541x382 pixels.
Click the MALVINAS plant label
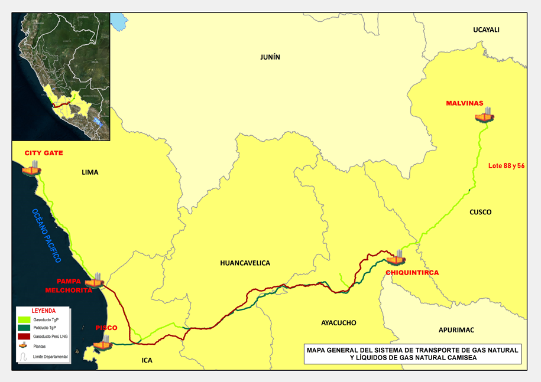coord(464,103)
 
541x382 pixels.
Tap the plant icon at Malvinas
coord(484,115)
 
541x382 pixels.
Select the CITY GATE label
coord(43,153)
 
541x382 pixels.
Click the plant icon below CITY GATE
coord(32,168)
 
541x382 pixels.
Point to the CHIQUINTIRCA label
coord(412,272)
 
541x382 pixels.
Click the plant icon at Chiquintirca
coord(396,258)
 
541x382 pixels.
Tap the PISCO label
coord(106,328)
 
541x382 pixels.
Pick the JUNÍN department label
coord(270,57)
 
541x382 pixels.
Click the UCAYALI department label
coord(487,30)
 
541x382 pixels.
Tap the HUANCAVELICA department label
coord(245,263)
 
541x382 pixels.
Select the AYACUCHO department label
coord(338,323)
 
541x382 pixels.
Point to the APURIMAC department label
coord(456,329)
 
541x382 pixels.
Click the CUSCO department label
coord(480,212)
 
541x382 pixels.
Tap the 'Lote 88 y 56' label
coord(506,166)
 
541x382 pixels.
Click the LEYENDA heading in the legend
coord(44,310)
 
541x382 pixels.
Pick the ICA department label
coord(147,360)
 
